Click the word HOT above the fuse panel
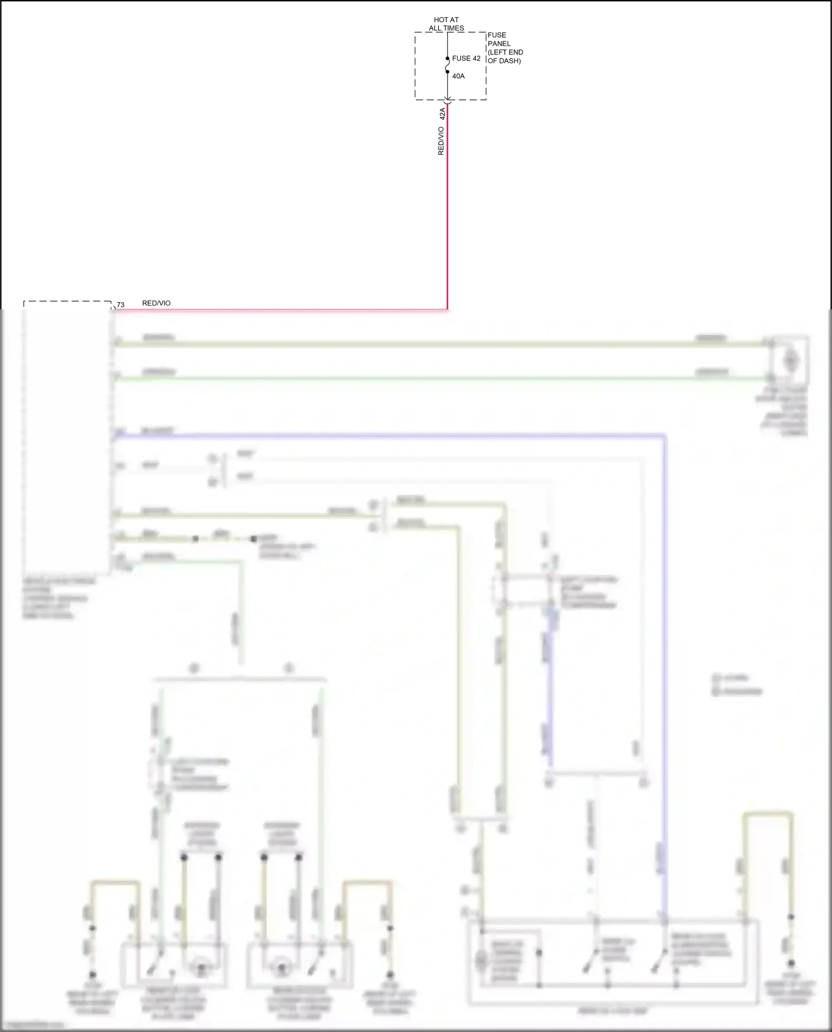(x=440, y=20)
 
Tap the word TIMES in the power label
(x=454, y=28)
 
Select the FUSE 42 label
(x=466, y=58)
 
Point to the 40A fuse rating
(x=458, y=76)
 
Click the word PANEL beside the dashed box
(x=499, y=44)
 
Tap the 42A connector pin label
(x=442, y=114)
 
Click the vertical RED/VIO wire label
(x=441, y=141)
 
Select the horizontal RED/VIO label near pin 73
(x=156, y=303)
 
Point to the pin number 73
(x=120, y=305)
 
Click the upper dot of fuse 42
(x=448, y=58)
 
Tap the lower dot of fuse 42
(x=448, y=71)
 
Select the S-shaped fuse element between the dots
(x=448, y=65)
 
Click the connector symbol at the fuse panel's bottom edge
(x=448, y=101)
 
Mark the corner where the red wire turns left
(x=447, y=309)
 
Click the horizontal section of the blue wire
(x=388, y=436)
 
